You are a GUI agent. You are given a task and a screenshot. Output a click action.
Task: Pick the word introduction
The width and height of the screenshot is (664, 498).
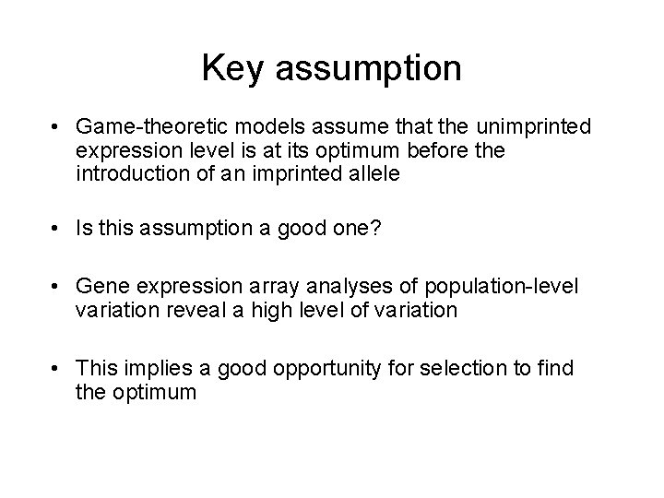click(135, 172)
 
